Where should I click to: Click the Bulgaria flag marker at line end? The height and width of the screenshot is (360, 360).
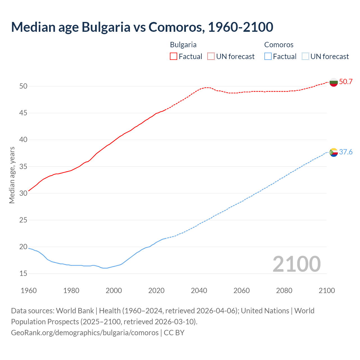(x=334, y=82)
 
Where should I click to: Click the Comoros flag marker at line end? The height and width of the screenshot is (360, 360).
(x=334, y=152)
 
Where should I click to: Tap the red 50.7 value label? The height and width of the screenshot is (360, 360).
(x=346, y=82)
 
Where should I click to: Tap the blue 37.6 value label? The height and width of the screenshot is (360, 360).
(x=346, y=152)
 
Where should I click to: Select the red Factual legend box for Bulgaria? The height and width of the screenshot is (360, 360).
(x=174, y=57)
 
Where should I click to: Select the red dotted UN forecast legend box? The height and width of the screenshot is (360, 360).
(x=211, y=57)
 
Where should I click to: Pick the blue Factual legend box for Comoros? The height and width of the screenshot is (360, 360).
(x=268, y=57)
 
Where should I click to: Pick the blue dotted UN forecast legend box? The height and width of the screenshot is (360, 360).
(x=305, y=57)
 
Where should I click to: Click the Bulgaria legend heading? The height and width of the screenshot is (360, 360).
(x=183, y=45)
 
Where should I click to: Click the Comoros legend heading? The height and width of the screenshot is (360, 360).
(x=279, y=45)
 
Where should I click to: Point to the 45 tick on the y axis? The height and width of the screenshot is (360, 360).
(x=23, y=113)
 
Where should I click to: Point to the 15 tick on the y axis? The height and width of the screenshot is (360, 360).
(x=23, y=274)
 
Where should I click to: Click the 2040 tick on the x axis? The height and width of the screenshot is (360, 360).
(x=199, y=291)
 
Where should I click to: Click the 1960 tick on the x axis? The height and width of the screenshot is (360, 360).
(x=29, y=291)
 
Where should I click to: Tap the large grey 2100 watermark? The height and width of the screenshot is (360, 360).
(x=296, y=264)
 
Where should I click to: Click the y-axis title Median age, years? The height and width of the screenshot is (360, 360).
(x=12, y=175)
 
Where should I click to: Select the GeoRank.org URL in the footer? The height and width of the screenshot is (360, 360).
(x=85, y=333)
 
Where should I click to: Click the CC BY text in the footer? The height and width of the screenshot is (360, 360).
(x=174, y=333)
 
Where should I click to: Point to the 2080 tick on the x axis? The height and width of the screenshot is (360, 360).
(x=284, y=291)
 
